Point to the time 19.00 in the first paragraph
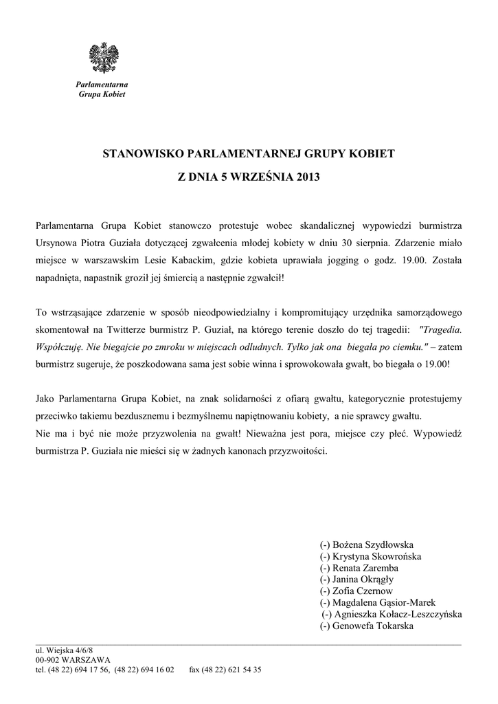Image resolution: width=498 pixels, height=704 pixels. [x=410, y=261]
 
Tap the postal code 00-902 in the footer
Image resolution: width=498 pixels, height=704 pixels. [x=49, y=659]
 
